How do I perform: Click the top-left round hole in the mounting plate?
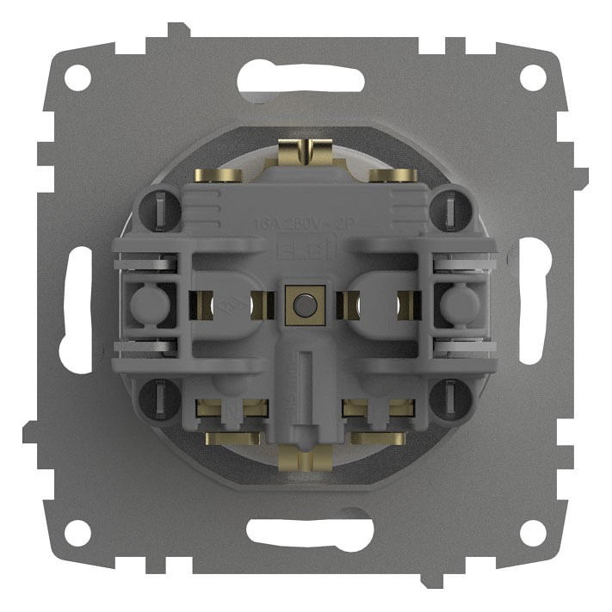[x=77, y=78]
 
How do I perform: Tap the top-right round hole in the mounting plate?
[x=534, y=78]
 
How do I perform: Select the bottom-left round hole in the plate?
[x=77, y=533]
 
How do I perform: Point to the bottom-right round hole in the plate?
[x=534, y=533]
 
